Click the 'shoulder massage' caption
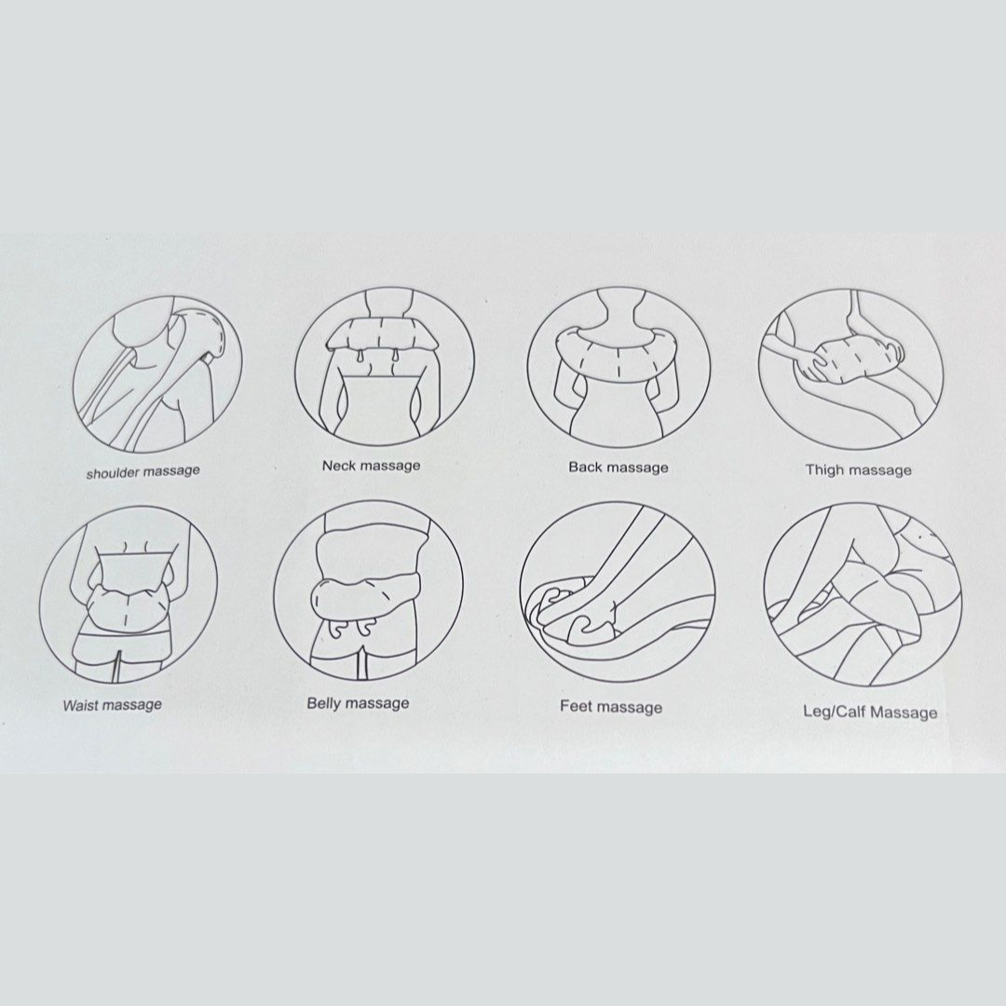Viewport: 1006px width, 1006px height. (143, 472)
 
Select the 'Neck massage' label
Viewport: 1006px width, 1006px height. (372, 466)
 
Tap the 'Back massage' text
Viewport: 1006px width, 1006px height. (619, 468)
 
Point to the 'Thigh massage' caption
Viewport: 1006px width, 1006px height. (859, 470)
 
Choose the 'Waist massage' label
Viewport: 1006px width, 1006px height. (113, 705)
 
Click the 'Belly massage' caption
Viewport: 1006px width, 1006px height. (358, 703)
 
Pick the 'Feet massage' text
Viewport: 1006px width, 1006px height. (611, 707)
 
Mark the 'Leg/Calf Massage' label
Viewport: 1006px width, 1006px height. (870, 713)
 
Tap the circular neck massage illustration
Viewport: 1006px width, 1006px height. (385, 368)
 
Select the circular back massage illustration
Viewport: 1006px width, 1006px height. (619, 368)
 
